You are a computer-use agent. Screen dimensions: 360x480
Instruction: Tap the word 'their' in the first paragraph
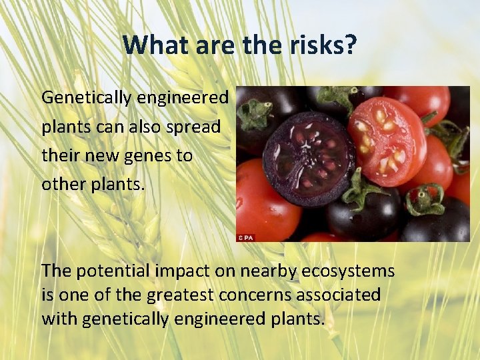(x=61, y=156)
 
